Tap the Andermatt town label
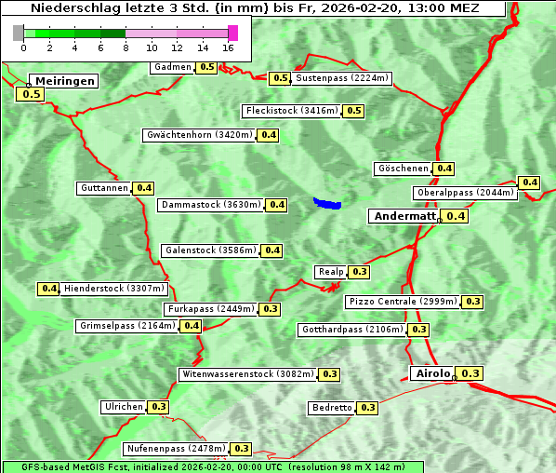click(x=403, y=216)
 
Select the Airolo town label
click(x=431, y=373)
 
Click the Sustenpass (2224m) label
click(x=341, y=78)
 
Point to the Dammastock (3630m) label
click(x=211, y=205)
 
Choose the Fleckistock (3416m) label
click(x=291, y=111)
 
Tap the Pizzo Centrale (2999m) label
click(x=403, y=302)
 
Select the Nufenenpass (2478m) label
click(x=176, y=449)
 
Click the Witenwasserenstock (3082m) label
click(x=247, y=374)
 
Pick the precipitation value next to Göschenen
click(x=444, y=169)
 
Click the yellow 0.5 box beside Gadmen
click(x=206, y=67)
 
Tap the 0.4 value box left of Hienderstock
click(x=49, y=289)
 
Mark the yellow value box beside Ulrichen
click(x=159, y=407)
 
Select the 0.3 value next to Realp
click(x=360, y=272)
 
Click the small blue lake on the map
click(x=327, y=203)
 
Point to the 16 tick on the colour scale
click(x=229, y=47)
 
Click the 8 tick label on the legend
click(x=126, y=47)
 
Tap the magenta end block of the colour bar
click(x=232, y=33)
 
